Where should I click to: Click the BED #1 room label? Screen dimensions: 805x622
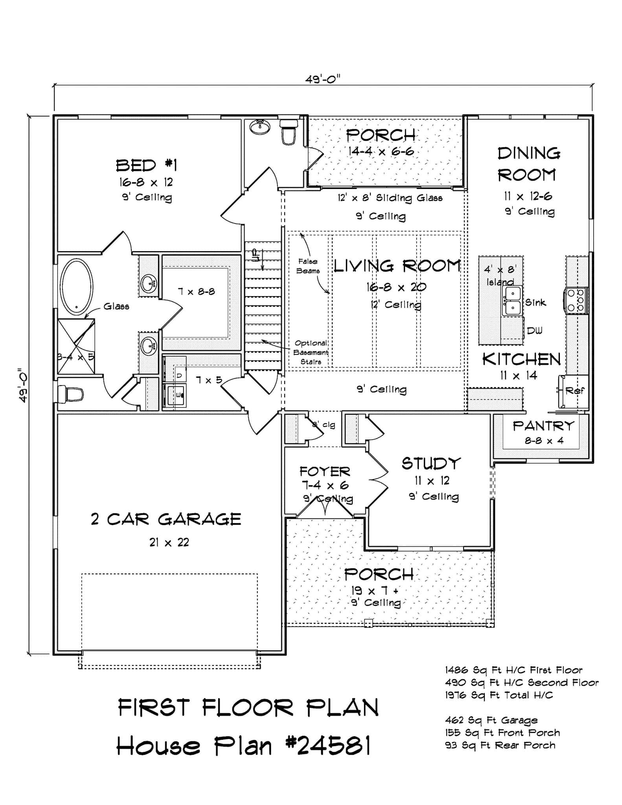tap(146, 165)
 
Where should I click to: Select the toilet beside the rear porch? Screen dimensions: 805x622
tap(289, 132)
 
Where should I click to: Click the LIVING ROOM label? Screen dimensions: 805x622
tap(397, 266)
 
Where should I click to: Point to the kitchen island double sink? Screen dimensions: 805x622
tap(512, 301)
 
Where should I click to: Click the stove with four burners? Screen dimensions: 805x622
tap(577, 300)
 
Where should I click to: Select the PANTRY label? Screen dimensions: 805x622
tap(543, 426)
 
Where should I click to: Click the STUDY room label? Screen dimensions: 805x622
tap(431, 464)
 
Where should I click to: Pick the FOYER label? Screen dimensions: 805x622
tap(325, 471)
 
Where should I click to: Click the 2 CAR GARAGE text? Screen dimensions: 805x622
tap(166, 519)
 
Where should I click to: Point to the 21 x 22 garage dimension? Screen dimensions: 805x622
tap(169, 542)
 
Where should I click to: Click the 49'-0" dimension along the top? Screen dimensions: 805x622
tap(322, 80)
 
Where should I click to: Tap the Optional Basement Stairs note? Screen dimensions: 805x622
tap(311, 352)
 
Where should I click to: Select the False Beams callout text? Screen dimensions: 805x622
tap(308, 266)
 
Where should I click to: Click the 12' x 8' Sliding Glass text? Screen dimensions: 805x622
tap(390, 198)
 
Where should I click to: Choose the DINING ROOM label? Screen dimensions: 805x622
tap(528, 164)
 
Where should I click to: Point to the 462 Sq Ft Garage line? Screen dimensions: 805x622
tap(491, 720)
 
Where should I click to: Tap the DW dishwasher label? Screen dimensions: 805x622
tap(534, 331)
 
